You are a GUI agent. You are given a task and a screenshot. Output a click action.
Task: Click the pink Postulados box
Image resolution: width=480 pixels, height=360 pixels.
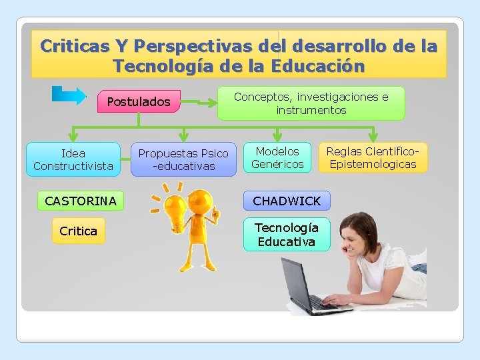[x=139, y=102]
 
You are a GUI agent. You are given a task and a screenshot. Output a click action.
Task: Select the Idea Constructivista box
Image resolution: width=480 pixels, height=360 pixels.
[x=73, y=159]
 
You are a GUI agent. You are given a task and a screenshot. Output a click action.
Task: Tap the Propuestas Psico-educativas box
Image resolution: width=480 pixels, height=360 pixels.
[x=183, y=159]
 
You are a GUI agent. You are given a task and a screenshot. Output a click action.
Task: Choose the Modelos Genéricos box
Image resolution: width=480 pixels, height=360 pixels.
[x=277, y=157]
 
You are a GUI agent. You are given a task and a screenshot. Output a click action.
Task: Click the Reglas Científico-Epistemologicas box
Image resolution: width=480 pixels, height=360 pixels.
[x=373, y=157]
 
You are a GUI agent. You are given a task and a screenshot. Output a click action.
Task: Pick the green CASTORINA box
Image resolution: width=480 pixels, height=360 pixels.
[x=80, y=201]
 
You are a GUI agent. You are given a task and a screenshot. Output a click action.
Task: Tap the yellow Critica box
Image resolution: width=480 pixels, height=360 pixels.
[x=78, y=231]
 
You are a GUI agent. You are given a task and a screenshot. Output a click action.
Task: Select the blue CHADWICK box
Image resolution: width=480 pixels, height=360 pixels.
[x=287, y=201]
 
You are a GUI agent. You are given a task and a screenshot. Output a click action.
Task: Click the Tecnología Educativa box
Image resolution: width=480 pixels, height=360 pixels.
[x=287, y=234]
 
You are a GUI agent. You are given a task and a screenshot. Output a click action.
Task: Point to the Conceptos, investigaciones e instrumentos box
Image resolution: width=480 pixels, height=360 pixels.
[x=311, y=103]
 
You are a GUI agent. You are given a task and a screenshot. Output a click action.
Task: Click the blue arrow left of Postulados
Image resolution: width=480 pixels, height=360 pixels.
[x=69, y=95]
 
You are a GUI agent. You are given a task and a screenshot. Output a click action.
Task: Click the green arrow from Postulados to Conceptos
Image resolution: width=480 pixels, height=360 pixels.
[x=200, y=103]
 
